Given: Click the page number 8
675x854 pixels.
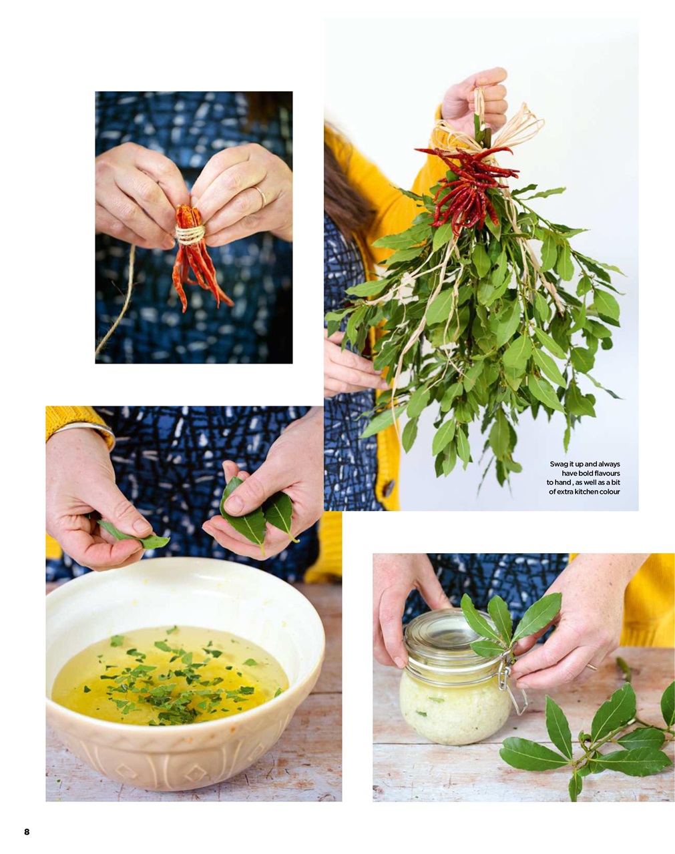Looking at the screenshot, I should tap(27, 831).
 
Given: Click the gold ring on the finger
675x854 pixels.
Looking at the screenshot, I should tap(260, 195).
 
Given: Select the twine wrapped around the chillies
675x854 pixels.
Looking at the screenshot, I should tap(190, 234).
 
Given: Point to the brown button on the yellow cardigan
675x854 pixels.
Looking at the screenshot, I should tap(389, 488).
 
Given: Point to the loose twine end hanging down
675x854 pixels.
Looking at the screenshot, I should tap(117, 307).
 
